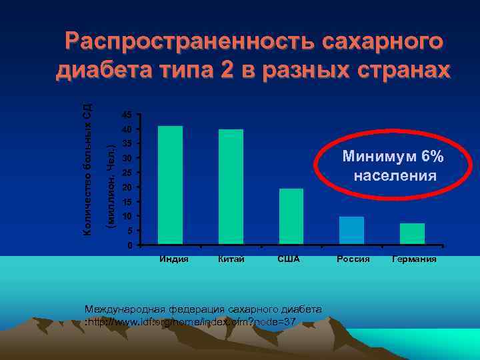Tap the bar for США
coord(291,216)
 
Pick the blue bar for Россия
coord(351,230)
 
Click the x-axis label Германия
coord(415,259)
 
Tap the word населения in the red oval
coord(395,176)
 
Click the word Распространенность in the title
coord(189,41)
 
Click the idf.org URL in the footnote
coord(193,322)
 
